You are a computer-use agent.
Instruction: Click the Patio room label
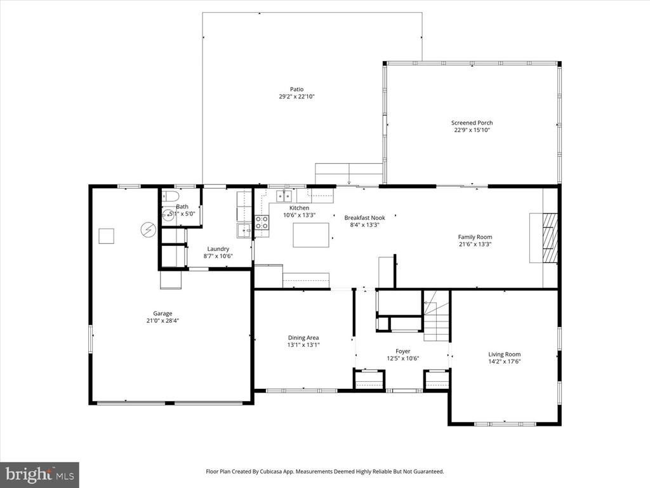tap(296, 90)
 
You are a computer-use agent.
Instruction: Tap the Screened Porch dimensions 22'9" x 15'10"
tap(472, 130)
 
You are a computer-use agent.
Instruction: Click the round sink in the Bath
tap(168, 215)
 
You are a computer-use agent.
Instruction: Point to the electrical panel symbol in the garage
tap(147, 229)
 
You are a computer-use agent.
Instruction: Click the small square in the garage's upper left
tap(106, 236)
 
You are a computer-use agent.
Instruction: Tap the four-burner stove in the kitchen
tap(261, 223)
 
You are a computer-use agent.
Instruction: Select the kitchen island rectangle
tap(310, 235)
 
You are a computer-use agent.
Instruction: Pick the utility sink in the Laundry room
tap(244, 230)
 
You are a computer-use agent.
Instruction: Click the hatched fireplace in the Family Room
tap(550, 238)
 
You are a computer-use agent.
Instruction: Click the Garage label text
tap(162, 313)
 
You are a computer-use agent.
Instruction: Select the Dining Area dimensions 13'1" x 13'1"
tap(303, 345)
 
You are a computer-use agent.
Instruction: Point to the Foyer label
tap(402, 351)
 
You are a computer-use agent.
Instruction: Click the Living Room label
tap(504, 355)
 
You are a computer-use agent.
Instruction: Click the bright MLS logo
tap(39, 474)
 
